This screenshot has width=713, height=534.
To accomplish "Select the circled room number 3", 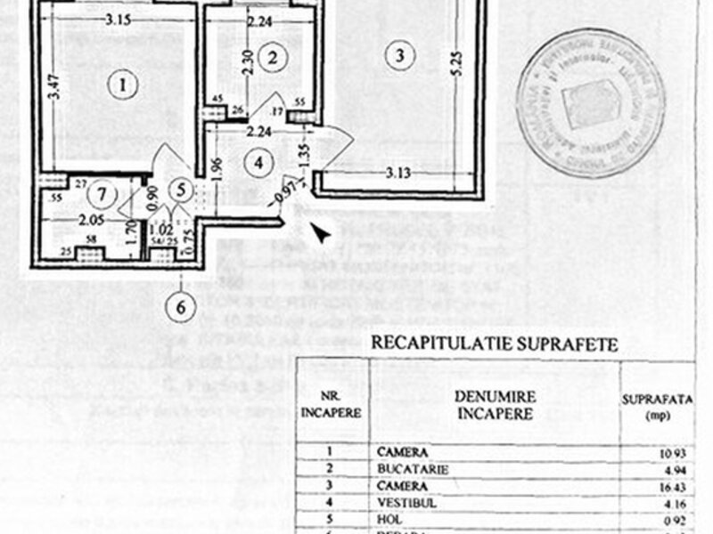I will pos(400,55).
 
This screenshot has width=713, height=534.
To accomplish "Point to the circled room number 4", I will pos(258,163).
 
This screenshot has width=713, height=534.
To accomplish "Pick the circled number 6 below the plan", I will pos(181,308).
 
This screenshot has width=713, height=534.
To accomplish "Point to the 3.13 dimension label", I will pos(398,173).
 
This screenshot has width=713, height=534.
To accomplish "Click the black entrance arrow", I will pos(319,233).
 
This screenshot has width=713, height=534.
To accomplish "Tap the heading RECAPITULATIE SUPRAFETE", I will pos(494,342).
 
